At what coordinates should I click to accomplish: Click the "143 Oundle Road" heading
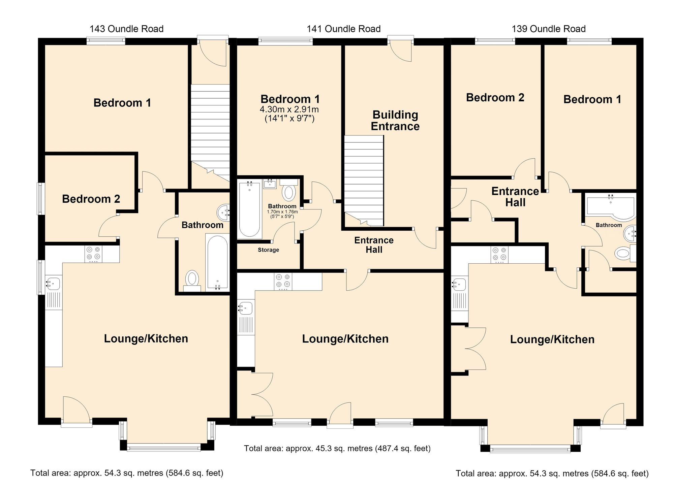(127, 29)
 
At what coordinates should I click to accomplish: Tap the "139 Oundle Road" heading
(549, 29)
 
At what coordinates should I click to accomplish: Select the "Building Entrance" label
(395, 121)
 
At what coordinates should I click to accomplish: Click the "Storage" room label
(269, 250)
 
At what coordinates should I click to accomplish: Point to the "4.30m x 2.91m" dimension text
(289, 109)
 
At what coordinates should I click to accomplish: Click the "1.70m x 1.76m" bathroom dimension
(282, 212)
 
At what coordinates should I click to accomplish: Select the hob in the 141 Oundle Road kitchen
(283, 281)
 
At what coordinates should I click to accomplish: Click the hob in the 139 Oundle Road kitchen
(500, 255)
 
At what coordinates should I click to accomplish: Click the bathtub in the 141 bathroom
(250, 210)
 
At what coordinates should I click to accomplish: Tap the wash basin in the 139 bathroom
(630, 234)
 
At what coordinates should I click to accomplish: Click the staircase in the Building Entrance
(364, 181)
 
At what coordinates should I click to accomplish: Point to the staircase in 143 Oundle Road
(210, 132)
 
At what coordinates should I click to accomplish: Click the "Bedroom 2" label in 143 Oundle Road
(91, 199)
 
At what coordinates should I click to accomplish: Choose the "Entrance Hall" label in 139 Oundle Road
(515, 197)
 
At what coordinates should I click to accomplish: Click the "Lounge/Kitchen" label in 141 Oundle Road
(345, 339)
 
